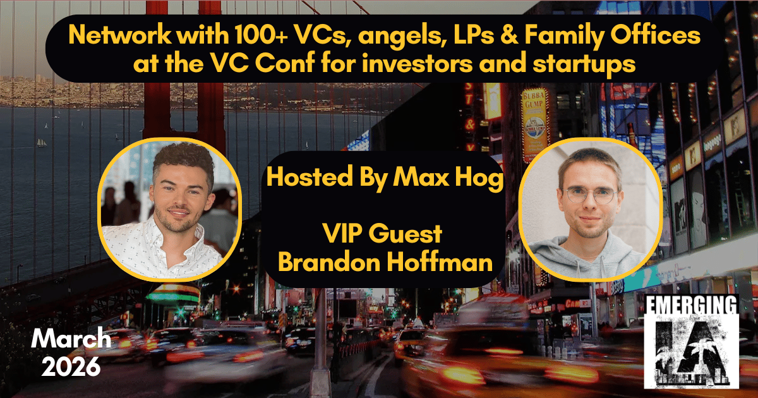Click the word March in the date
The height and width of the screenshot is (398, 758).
click(x=71, y=340)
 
